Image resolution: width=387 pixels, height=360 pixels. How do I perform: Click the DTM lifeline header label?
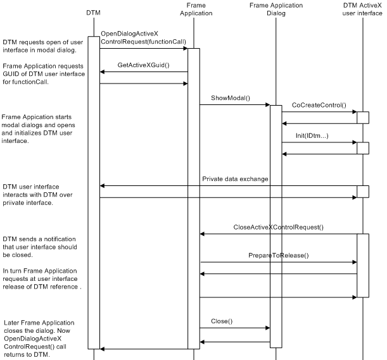[94, 12]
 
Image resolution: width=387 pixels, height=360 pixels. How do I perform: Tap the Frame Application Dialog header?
[276, 9]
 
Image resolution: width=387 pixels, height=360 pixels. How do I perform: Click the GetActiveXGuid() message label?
[143, 65]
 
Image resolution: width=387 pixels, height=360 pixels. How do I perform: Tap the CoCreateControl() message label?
[319, 104]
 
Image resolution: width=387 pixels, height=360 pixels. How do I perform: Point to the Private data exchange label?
[236, 179]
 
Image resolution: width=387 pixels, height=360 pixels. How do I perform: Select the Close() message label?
[222, 321]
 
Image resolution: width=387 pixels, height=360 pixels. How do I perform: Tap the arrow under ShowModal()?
[235, 105]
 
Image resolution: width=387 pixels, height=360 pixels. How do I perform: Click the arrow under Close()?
[235, 328]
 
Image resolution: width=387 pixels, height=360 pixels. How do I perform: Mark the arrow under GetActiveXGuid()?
[143, 71]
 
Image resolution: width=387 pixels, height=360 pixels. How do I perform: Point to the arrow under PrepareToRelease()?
[278, 262]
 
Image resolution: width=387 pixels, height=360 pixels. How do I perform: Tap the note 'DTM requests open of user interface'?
[42, 46]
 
